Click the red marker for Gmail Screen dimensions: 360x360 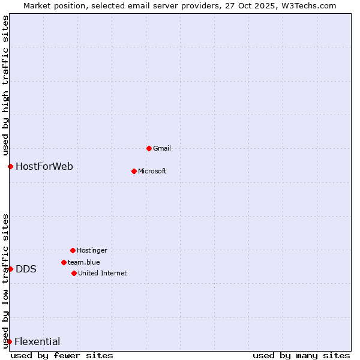(149, 148)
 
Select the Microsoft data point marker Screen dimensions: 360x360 (134, 171)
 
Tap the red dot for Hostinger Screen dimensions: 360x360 (73, 250)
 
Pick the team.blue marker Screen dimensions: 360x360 (64, 262)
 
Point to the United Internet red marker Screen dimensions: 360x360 (74, 273)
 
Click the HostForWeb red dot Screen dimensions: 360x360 (10, 166)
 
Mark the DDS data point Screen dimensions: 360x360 (10, 269)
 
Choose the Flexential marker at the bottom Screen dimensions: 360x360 (9, 341)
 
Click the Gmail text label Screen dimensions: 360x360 (162, 148)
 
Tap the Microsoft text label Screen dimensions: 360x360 (152, 171)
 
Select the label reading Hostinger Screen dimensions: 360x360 (92, 250)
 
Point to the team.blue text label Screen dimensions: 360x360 (83, 262)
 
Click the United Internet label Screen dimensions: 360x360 (102, 273)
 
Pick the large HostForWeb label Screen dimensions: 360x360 (44, 166)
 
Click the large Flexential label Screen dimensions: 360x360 (37, 341)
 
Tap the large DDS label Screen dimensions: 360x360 (26, 269)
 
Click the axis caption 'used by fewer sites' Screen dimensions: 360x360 (62, 355)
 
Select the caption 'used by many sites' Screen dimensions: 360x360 (301, 355)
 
